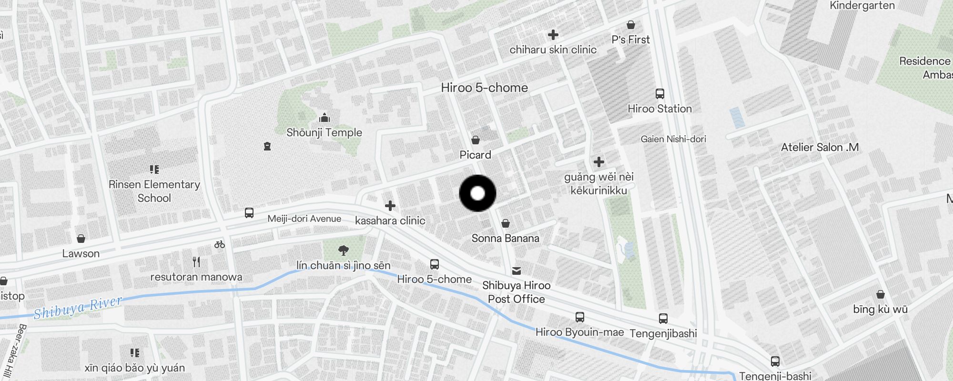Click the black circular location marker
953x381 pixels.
pyautogui.click(x=477, y=193)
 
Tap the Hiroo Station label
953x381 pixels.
pyautogui.click(x=659, y=109)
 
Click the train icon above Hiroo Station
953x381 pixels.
pyautogui.click(x=659, y=94)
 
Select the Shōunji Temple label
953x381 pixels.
pyautogui.click(x=324, y=132)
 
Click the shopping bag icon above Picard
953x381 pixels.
pyautogui.click(x=475, y=140)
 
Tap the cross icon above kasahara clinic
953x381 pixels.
pyautogui.click(x=390, y=206)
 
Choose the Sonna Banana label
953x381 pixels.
pyautogui.click(x=505, y=238)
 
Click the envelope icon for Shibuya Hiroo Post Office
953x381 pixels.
pyautogui.click(x=516, y=271)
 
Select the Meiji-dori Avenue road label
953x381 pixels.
pyautogui.click(x=304, y=219)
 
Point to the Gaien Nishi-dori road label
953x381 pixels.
pyautogui.click(x=673, y=139)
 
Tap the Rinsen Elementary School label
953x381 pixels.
pyautogui.click(x=154, y=191)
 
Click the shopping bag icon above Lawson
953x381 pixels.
pyautogui.click(x=81, y=238)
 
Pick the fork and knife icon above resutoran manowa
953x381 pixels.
pyautogui.click(x=196, y=261)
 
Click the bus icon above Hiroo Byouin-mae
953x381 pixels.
pyautogui.click(x=579, y=317)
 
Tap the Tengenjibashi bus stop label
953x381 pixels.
pyautogui.click(x=663, y=333)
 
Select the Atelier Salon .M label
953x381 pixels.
pyautogui.click(x=820, y=148)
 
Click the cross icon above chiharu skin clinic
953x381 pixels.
pyautogui.click(x=553, y=35)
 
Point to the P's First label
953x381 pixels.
pyautogui.click(x=630, y=40)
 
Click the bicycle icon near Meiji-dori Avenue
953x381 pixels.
pyautogui.click(x=219, y=244)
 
